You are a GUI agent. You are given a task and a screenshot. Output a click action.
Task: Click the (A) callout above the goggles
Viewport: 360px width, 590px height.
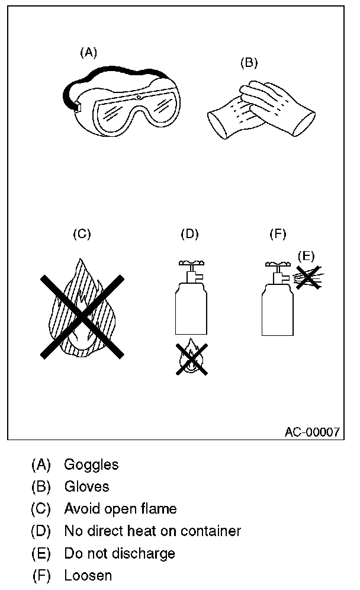click(x=88, y=53)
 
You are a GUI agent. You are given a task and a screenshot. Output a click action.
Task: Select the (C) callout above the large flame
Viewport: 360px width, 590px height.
click(x=81, y=233)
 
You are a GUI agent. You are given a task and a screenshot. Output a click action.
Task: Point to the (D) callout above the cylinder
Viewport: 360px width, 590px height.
click(x=189, y=233)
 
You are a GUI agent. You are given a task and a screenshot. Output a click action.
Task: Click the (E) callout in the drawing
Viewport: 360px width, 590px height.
click(x=306, y=256)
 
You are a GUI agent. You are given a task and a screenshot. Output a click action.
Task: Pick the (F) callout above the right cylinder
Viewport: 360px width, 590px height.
click(x=278, y=233)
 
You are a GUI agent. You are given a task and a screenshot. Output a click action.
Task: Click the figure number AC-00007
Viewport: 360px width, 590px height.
click(x=312, y=432)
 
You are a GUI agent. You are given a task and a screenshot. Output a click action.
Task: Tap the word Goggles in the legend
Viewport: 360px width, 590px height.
click(x=91, y=464)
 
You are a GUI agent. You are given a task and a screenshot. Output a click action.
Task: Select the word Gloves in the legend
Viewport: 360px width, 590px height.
click(x=86, y=486)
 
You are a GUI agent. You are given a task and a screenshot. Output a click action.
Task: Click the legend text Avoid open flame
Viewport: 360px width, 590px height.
click(x=120, y=508)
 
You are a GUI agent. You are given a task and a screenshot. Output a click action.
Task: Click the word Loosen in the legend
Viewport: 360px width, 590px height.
click(x=88, y=575)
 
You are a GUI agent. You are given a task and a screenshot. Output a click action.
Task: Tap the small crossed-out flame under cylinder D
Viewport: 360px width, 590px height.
click(x=191, y=359)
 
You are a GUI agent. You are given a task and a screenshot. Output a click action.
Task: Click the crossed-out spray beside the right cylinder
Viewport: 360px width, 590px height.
click(x=308, y=276)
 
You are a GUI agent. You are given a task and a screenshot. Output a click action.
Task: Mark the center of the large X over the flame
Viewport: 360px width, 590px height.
click(x=82, y=316)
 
